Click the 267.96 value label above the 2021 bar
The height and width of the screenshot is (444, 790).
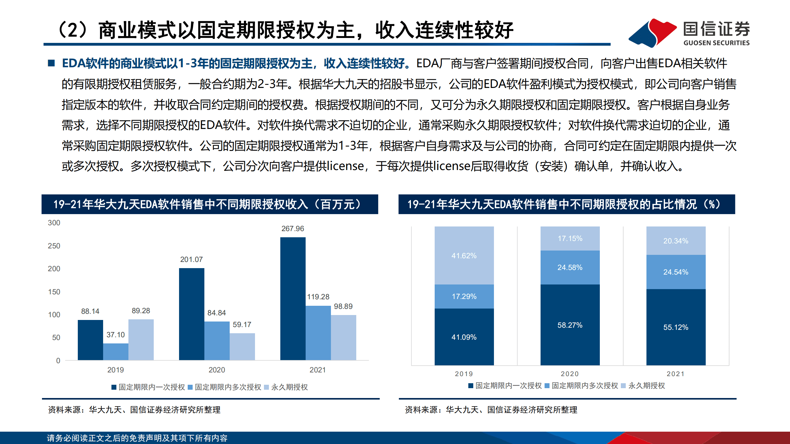click(x=292, y=229)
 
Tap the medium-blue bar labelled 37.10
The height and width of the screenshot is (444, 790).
click(x=115, y=351)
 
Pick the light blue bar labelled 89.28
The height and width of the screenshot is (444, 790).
click(x=141, y=339)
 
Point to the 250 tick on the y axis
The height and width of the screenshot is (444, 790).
click(x=54, y=246)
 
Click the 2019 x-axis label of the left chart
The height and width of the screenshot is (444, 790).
click(x=115, y=370)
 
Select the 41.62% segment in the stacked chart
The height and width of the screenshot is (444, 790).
click(x=464, y=255)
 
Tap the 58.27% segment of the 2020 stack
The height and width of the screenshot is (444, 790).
click(x=570, y=325)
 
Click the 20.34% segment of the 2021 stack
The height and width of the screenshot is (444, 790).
click(x=675, y=241)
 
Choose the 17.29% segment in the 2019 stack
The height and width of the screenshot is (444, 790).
click(x=464, y=296)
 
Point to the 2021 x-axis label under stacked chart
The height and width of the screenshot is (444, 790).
click(x=675, y=374)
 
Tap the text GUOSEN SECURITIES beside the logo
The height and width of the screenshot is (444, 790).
click(x=716, y=43)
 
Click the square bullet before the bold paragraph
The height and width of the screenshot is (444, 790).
click(x=51, y=63)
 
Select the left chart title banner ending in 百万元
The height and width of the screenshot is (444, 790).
click(x=210, y=204)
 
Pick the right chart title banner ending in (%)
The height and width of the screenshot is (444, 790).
click(x=566, y=204)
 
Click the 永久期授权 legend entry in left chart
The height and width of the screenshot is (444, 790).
click(x=286, y=387)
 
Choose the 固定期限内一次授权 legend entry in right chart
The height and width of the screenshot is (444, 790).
click(x=505, y=386)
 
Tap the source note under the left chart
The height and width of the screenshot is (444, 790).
click(x=134, y=410)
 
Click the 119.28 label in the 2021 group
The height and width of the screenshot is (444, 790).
click(x=318, y=297)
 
